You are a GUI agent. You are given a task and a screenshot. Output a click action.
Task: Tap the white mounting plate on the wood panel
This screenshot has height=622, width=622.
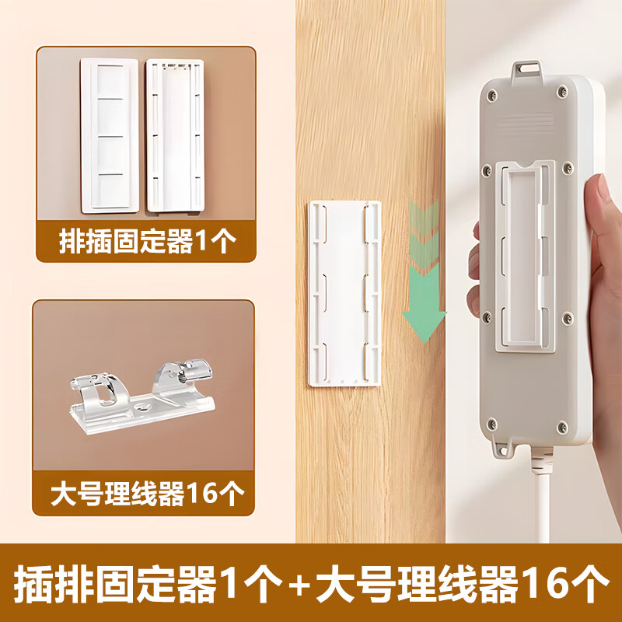344,294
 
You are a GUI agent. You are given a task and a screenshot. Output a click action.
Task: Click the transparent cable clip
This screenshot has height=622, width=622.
142,397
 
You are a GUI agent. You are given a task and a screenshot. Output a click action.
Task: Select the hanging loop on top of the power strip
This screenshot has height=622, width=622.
526,72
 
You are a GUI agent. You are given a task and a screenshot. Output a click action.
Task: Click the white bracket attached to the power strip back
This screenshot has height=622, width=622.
526,257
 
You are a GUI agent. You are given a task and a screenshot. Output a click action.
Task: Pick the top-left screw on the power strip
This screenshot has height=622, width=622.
492,94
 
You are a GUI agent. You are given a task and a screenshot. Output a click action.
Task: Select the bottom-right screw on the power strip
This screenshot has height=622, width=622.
562,428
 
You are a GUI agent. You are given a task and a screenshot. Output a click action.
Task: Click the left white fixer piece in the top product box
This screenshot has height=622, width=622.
110,135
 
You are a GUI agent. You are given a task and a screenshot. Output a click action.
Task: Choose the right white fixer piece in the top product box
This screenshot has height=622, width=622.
175,135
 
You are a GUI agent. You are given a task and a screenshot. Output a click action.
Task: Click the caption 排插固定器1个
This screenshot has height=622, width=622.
147,241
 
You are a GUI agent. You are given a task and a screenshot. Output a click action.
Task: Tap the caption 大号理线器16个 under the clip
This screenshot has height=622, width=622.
147,494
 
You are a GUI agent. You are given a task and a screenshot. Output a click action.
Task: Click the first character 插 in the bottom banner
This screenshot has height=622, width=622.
33,585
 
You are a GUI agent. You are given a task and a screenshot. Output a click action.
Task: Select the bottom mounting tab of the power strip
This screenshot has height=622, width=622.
503,449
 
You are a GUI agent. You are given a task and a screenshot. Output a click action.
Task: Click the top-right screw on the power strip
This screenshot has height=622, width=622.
562,92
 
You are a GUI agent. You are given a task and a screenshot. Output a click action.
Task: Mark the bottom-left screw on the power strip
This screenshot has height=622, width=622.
492,424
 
